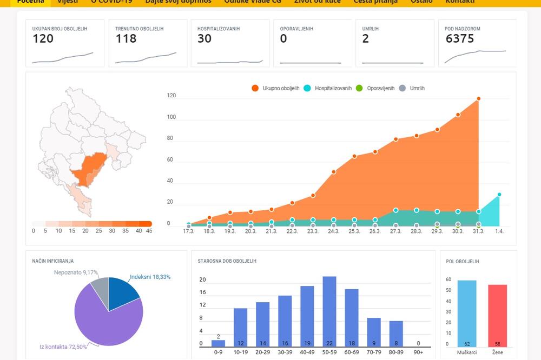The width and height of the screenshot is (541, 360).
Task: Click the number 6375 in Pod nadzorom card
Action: point(460,39)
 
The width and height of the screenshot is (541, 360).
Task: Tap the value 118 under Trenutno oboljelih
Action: point(126,39)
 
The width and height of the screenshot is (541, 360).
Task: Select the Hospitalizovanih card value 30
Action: point(204,39)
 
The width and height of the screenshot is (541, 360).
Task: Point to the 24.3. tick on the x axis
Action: point(333,231)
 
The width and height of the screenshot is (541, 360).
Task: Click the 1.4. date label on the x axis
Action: point(499,231)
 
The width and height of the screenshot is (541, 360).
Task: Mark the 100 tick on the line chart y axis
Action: point(171,117)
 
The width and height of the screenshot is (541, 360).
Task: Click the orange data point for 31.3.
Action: point(479,99)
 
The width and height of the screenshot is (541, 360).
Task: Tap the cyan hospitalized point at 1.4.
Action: point(499,195)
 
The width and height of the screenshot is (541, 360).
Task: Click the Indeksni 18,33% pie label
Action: point(150,277)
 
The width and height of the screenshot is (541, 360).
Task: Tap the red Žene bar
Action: point(498,315)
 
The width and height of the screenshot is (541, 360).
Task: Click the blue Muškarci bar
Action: point(466,314)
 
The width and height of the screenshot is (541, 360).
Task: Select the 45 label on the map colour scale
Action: point(148,231)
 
